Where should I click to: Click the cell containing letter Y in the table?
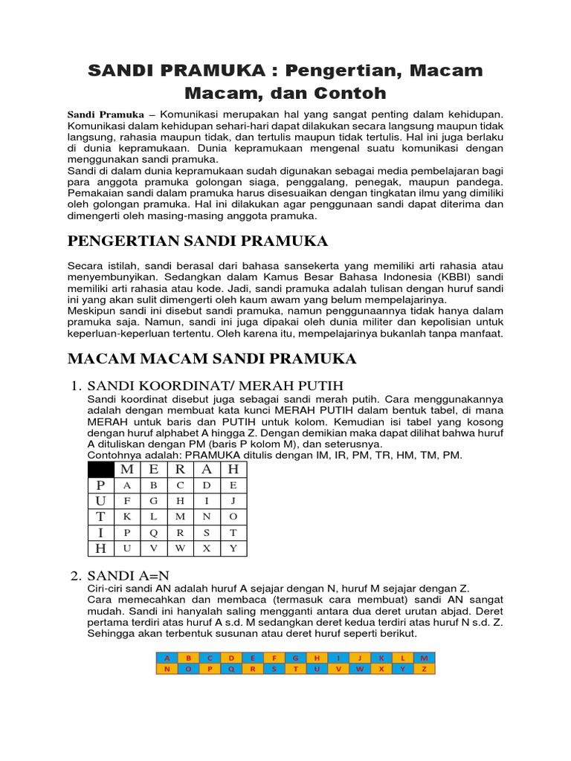[x=233, y=548]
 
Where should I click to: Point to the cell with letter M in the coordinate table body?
[x=180, y=516]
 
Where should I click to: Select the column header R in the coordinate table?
[x=180, y=469]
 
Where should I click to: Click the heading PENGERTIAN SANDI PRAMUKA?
[x=197, y=242]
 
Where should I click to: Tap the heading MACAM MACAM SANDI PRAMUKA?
[x=212, y=359]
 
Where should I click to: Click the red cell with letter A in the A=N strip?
[x=167, y=658]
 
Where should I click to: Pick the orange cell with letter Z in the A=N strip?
[x=424, y=669]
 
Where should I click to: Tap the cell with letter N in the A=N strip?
[x=167, y=669]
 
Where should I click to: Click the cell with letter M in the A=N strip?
[x=424, y=658]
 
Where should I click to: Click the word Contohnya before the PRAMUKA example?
[x=114, y=454]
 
